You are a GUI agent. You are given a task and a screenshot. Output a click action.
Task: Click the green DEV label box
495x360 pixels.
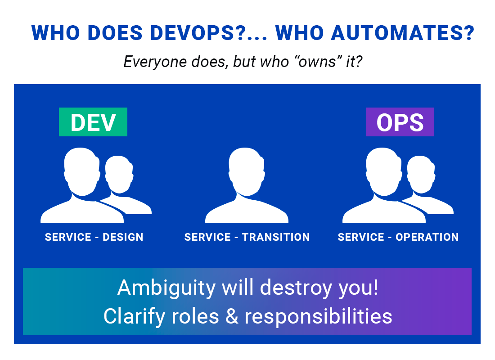point(93,122)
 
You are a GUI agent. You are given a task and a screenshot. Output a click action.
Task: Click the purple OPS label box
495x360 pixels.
point(400,122)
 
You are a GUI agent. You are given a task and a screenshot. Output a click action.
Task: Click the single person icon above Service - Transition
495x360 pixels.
point(247,185)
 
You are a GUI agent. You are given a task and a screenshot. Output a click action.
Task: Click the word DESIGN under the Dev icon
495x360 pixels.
point(123,237)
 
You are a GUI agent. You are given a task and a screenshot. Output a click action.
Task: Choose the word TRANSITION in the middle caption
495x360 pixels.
point(276,237)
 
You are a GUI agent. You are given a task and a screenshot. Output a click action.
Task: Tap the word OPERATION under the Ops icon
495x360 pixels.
point(427,237)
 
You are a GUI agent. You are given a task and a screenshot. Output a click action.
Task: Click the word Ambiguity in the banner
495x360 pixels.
point(166,288)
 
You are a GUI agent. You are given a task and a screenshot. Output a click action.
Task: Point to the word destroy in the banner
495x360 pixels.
point(296,288)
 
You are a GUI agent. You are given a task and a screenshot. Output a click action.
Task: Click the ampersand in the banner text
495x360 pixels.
point(232,316)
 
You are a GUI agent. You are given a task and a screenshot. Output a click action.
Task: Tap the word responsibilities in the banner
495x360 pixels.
point(319,316)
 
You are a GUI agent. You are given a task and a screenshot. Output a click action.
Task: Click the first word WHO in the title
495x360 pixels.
point(55,33)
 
